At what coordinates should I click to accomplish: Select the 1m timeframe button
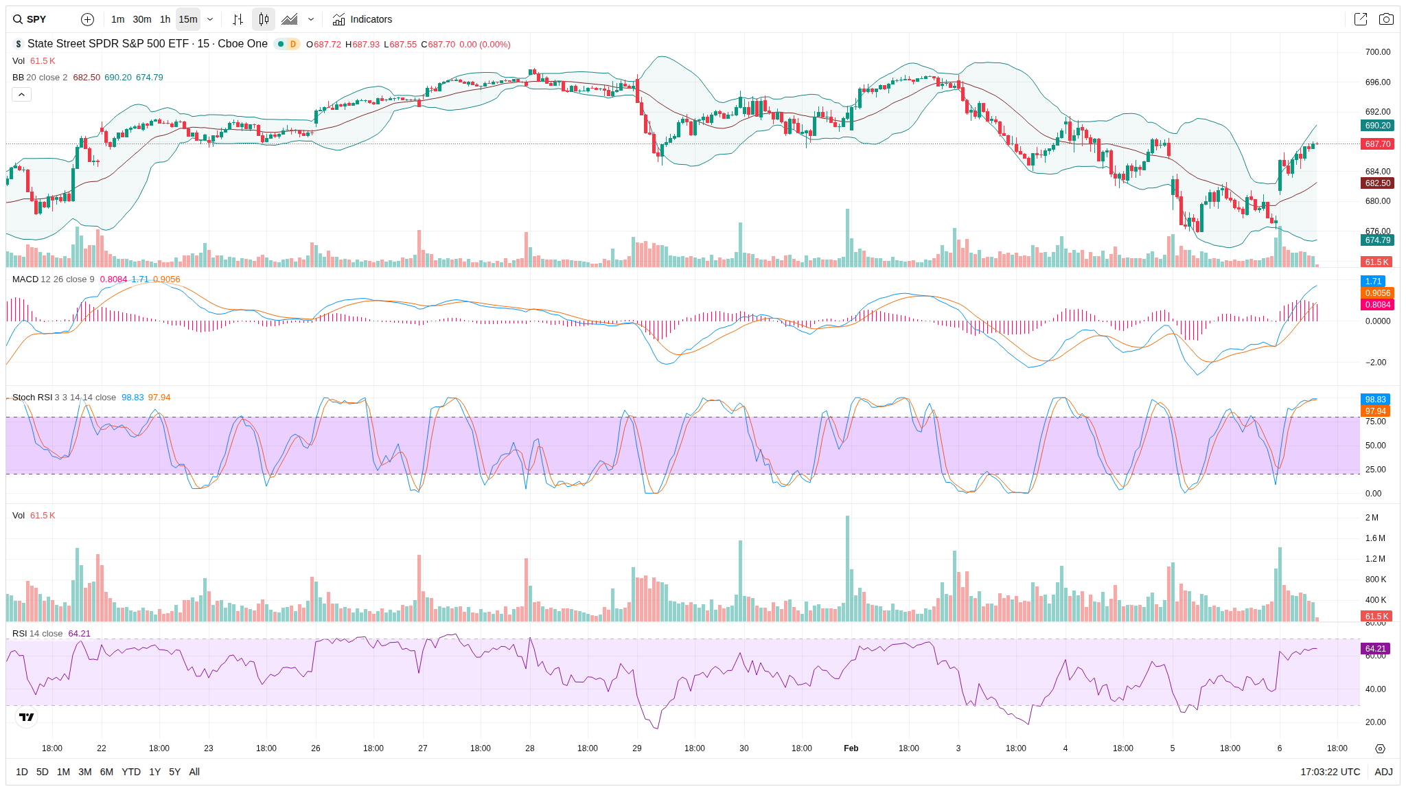coord(117,19)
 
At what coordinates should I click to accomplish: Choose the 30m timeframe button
coord(142,19)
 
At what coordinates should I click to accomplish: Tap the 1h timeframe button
coord(165,19)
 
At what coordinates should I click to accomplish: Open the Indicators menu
coord(362,19)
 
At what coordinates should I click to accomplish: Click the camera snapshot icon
coord(1386,19)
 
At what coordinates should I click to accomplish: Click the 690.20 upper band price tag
coord(1377,126)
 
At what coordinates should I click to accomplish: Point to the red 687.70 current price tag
coord(1377,144)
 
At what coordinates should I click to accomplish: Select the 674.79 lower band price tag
coord(1377,240)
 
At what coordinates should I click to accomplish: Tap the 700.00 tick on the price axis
coord(1377,52)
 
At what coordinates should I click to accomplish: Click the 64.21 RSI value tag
coord(1375,648)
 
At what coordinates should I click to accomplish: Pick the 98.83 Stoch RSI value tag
coord(1375,399)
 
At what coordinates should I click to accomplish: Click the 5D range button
coord(43,772)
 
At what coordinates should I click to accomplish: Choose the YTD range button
coord(131,772)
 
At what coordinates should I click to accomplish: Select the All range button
coord(194,772)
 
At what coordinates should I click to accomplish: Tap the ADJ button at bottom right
coord(1383,772)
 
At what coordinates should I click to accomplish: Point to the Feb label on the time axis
coord(851,748)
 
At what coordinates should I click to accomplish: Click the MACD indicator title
coord(25,279)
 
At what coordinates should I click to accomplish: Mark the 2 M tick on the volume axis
coord(1372,518)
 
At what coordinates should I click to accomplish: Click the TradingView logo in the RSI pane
coord(27,718)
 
